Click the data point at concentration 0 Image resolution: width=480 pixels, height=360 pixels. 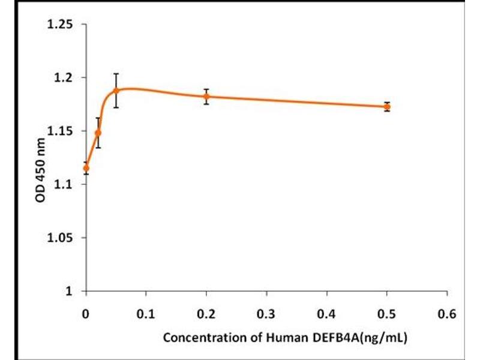86,168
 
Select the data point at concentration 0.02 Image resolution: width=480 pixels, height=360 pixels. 98,133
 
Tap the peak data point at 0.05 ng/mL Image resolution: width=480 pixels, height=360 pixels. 116,91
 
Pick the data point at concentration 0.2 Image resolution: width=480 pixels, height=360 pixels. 206,96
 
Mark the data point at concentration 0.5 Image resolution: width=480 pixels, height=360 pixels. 387,106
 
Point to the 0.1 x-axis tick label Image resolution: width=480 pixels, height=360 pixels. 146,313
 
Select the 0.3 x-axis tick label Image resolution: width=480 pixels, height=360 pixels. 266,313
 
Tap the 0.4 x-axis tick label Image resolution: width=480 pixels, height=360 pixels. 327,313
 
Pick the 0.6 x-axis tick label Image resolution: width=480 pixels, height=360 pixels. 447,313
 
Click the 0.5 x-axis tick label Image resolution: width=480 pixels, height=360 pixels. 387,313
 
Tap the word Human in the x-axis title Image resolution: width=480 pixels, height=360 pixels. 275,338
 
